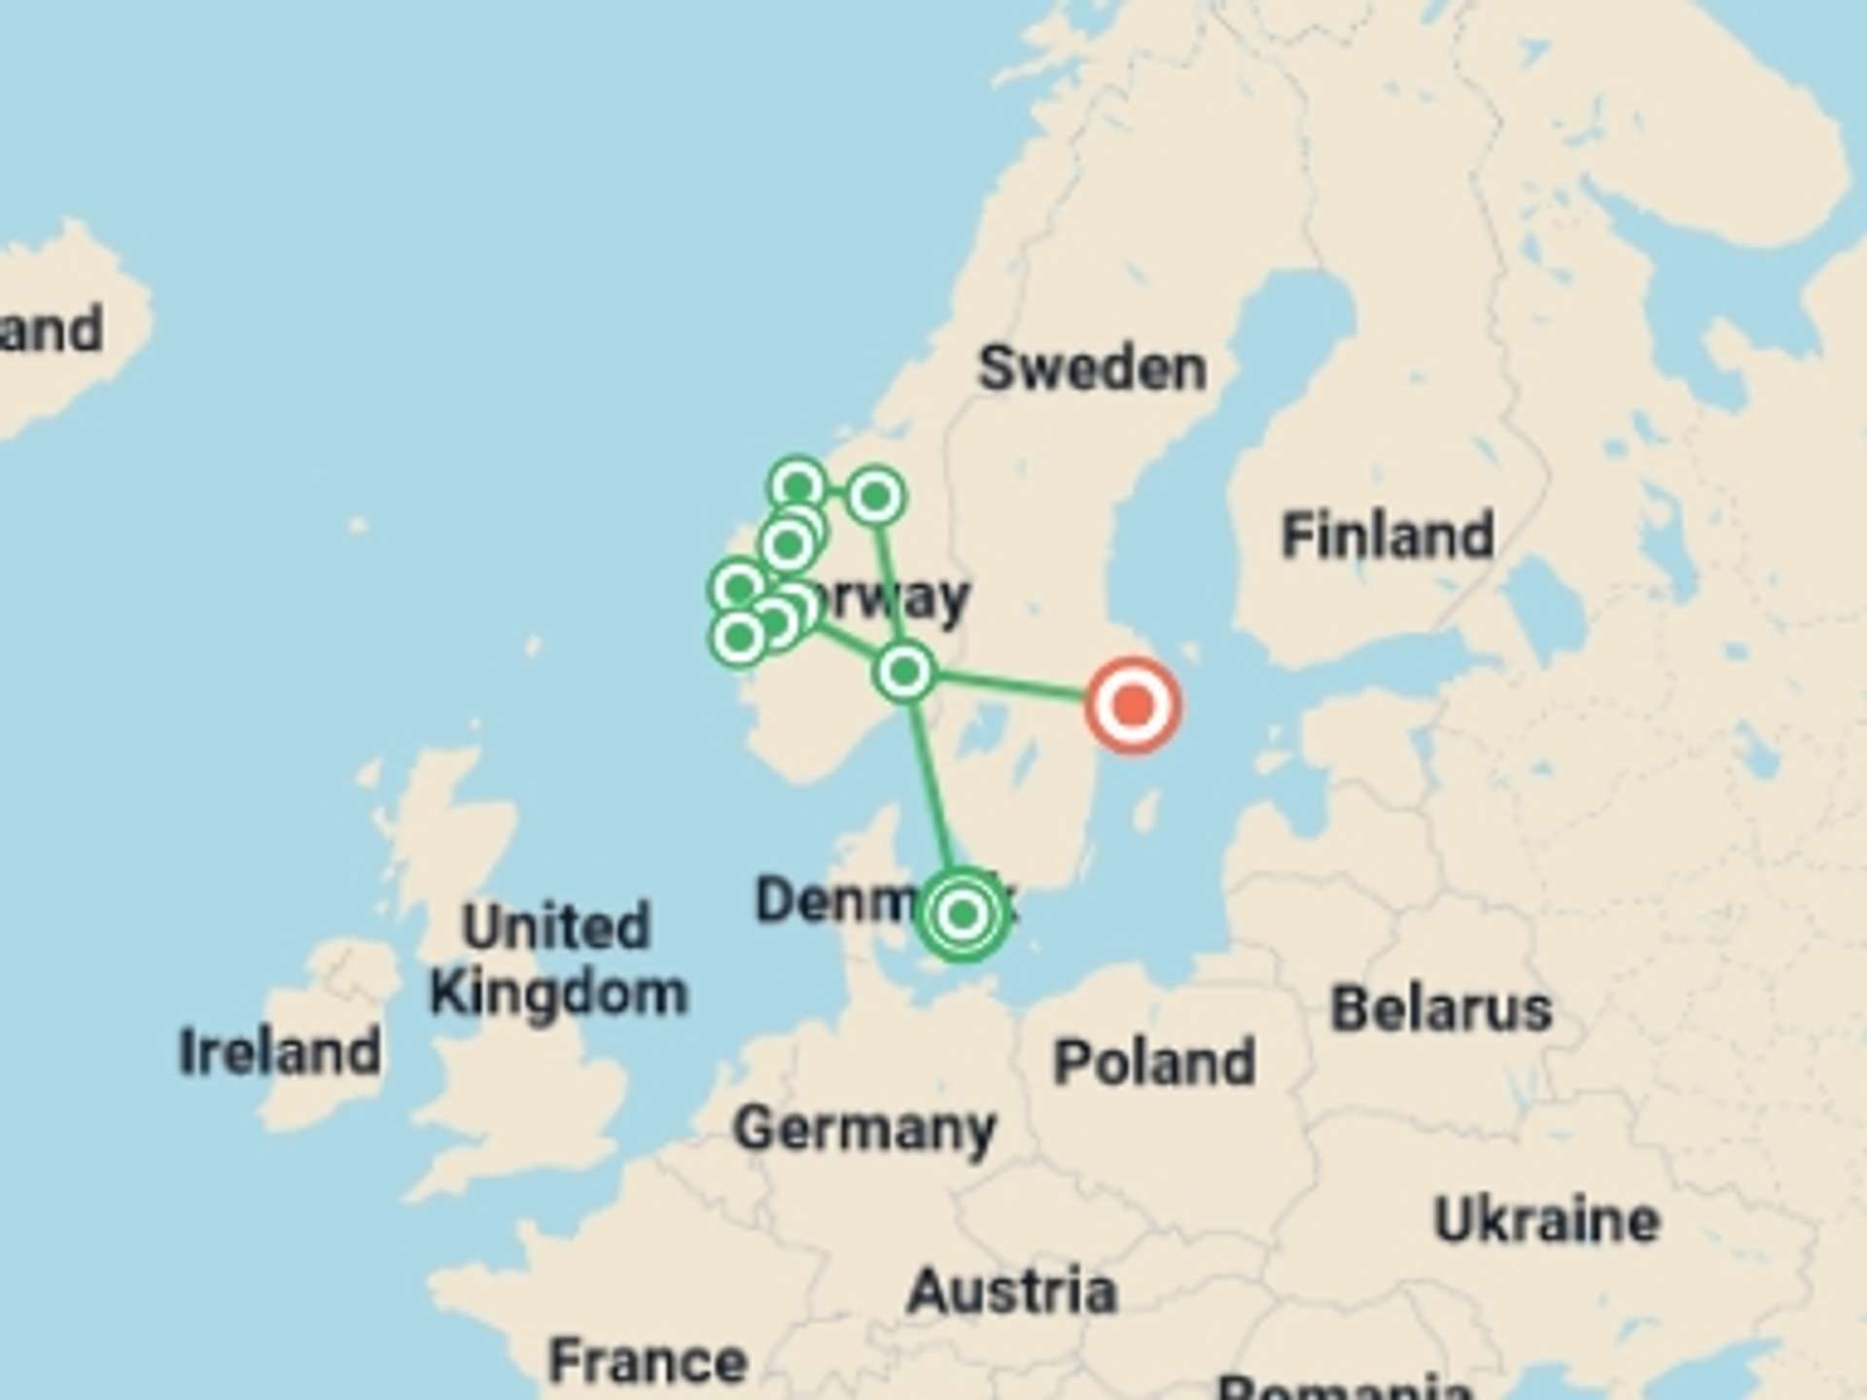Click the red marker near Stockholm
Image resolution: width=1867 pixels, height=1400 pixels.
click(1132, 705)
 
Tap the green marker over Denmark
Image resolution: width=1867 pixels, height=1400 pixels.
click(962, 914)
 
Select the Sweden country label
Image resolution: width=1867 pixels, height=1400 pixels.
click(1092, 368)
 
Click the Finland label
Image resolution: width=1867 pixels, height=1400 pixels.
click(1388, 535)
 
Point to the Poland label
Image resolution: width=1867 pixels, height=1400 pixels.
click(1154, 1062)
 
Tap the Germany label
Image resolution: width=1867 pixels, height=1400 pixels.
click(864, 1129)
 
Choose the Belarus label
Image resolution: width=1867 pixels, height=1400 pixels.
click(1440, 1008)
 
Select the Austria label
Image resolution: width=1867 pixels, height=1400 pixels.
click(1011, 1291)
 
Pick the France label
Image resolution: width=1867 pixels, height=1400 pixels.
click(648, 1360)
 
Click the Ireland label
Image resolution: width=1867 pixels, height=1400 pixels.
click(280, 1052)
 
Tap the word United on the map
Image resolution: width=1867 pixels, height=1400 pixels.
click(555, 926)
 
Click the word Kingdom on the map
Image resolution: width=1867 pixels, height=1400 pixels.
click(558, 994)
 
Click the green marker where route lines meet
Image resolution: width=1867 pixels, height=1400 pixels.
click(904, 671)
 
